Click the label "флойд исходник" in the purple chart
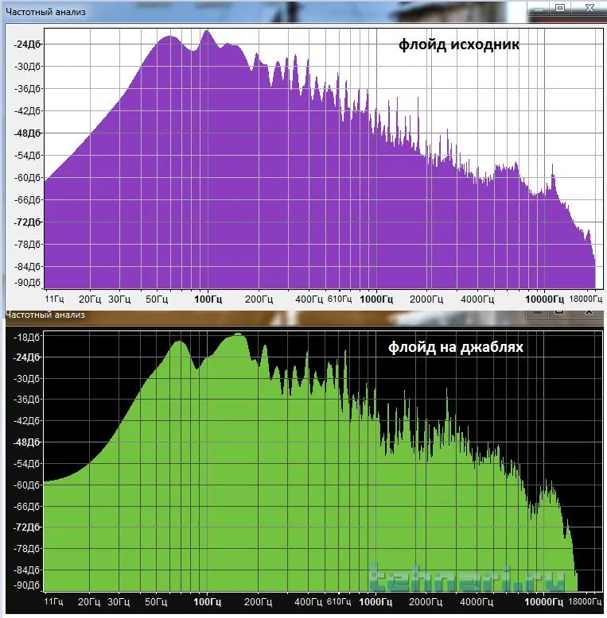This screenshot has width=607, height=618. click(459, 44)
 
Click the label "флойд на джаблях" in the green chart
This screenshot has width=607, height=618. click(455, 346)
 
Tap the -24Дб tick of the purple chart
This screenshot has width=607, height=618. click(27, 44)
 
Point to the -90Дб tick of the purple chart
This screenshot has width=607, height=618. click(27, 282)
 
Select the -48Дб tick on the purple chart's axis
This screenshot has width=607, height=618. click(27, 133)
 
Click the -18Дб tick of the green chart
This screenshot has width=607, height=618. click(27, 334)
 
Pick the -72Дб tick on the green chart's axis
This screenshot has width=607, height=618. click(27, 527)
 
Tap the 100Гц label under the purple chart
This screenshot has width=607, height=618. click(207, 299)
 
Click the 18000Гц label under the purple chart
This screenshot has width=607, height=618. click(585, 299)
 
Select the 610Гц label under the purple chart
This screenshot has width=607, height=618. click(340, 299)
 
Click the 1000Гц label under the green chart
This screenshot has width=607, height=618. click(376, 602)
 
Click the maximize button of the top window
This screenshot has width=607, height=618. click(559, 8)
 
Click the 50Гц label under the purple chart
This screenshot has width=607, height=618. click(156, 299)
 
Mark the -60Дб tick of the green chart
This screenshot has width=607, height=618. click(27, 485)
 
